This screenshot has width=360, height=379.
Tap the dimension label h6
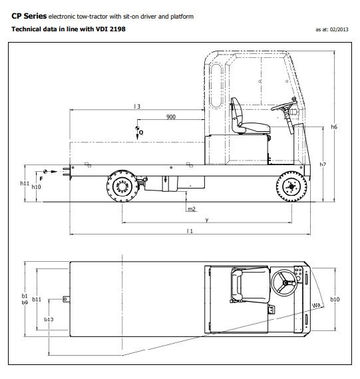pos(334,126)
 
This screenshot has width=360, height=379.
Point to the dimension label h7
pos(323,164)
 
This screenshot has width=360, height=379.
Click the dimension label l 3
pos(136,106)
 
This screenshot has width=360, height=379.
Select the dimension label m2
pos(191,209)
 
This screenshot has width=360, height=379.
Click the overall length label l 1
pos(190,231)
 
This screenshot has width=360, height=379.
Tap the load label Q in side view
pos(141,133)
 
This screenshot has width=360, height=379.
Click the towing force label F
pos(41,179)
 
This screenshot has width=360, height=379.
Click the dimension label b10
pos(335,300)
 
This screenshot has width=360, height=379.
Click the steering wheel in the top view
pos(287,284)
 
